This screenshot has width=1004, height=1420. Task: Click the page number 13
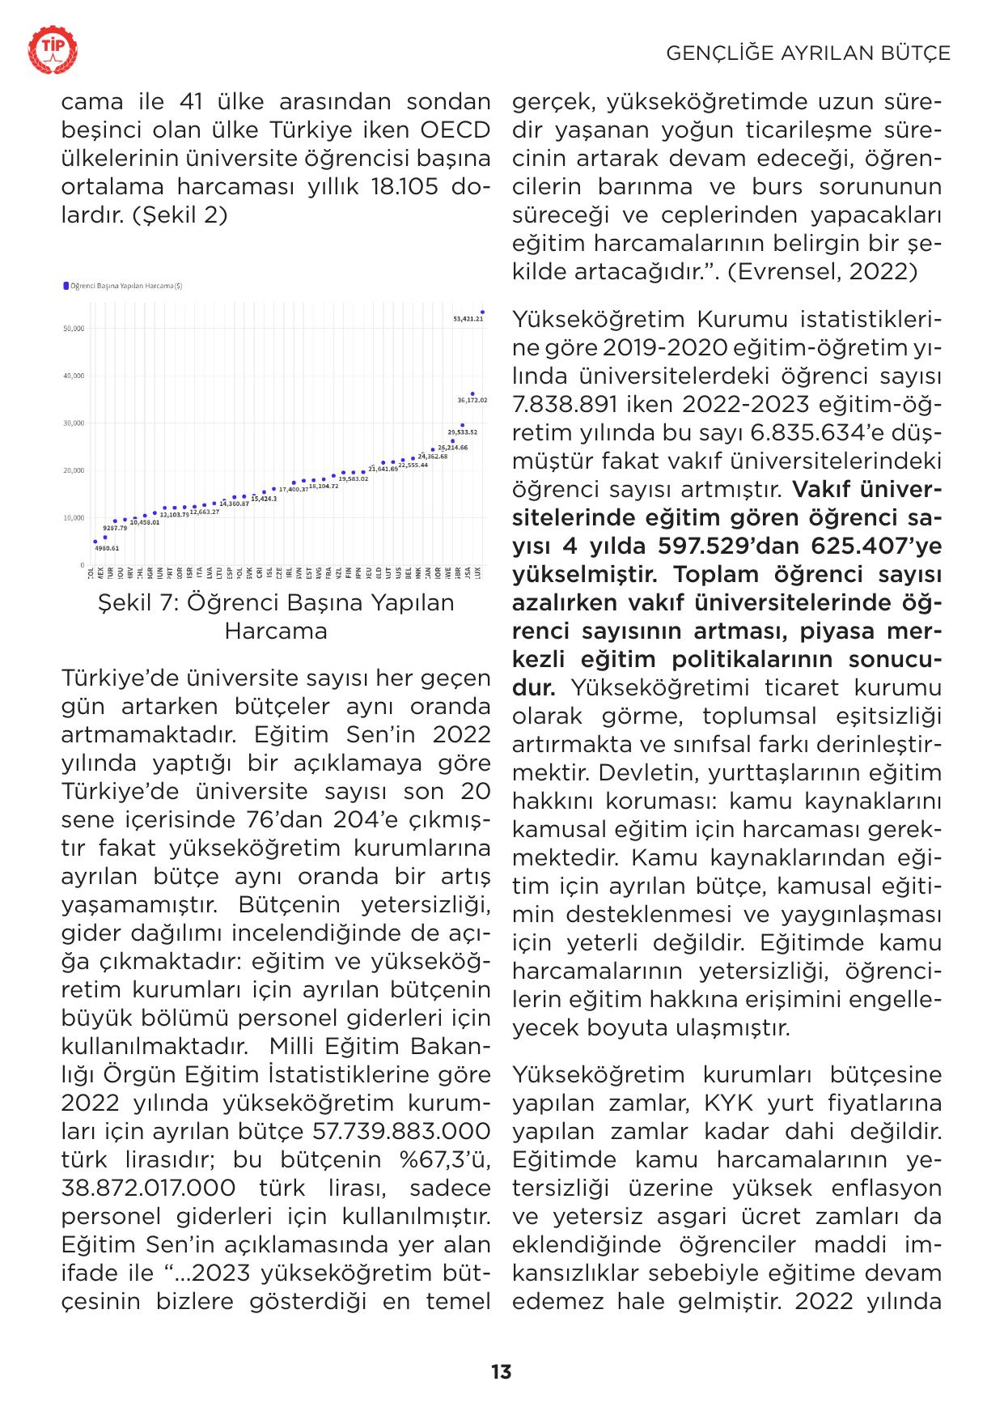[x=501, y=1371]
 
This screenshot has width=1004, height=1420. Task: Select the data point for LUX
[x=482, y=312]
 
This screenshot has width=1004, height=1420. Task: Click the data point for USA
[x=472, y=394]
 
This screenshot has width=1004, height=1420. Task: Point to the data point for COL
[x=95, y=542]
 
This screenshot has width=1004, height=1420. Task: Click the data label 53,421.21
[x=468, y=319]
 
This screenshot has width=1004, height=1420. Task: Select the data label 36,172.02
[x=472, y=400]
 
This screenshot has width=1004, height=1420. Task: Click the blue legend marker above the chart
[x=66, y=286]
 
